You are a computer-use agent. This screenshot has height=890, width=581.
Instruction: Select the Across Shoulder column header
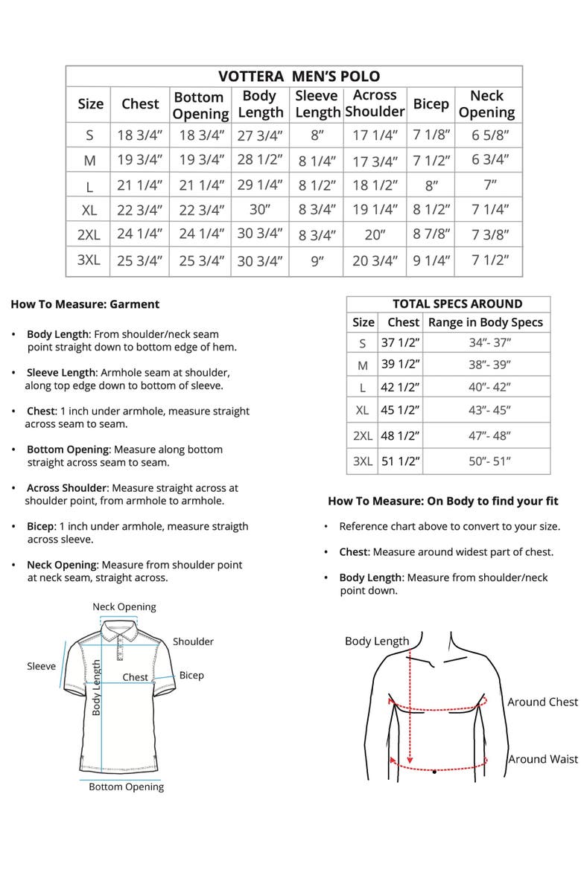click(x=374, y=103)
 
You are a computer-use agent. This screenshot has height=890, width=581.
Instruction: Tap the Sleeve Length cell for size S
click(x=318, y=135)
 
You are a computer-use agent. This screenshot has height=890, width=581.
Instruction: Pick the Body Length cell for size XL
click(x=260, y=209)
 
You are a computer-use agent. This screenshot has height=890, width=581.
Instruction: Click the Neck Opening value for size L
click(x=489, y=185)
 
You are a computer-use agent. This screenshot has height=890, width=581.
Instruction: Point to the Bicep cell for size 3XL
click(x=431, y=260)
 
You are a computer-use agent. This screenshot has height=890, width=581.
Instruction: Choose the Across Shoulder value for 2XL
click(x=375, y=234)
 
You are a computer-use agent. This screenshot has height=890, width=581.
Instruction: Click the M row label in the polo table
click(x=90, y=160)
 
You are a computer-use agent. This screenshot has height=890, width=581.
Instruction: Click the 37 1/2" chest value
click(x=401, y=343)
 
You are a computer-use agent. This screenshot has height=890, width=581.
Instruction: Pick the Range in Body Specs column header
click(x=486, y=322)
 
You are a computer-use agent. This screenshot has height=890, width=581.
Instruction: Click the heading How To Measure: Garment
click(x=85, y=304)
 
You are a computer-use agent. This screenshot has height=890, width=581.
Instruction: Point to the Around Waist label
click(x=543, y=759)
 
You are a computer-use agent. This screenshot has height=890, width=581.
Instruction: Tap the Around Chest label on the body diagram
click(x=542, y=702)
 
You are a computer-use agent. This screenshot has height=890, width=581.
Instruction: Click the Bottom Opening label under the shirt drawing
click(x=126, y=787)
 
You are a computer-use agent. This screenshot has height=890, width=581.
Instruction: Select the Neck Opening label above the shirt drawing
click(x=124, y=606)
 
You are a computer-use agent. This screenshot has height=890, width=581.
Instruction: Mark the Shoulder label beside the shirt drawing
click(x=193, y=641)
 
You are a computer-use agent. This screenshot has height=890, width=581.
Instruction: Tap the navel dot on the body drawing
click(x=434, y=772)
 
